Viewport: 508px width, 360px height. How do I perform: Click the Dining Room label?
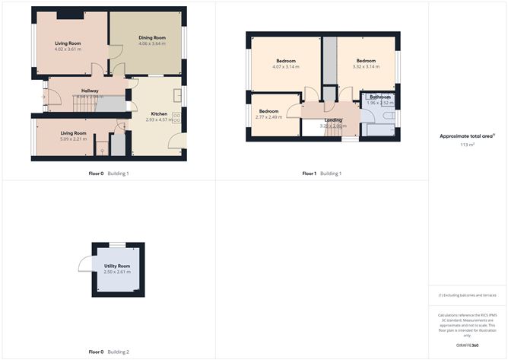click(152, 37)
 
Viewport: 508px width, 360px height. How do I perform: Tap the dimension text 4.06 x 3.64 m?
click(152, 43)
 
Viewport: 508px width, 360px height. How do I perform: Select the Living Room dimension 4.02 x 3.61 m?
click(68, 50)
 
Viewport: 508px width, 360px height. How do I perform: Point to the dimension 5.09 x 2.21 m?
click(74, 139)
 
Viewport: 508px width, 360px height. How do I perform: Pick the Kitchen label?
click(159, 113)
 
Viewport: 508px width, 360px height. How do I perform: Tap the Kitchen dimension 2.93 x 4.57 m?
click(159, 119)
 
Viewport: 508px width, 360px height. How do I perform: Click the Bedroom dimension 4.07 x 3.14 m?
click(286, 67)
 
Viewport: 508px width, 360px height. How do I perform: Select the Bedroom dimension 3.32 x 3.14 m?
click(365, 67)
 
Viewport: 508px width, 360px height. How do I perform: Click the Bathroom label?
click(379, 97)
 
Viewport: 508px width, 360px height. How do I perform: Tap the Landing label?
click(333, 119)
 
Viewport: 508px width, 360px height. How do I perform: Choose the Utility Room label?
click(117, 266)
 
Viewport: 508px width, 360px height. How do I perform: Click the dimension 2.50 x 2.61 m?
click(117, 272)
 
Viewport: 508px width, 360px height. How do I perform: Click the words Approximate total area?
click(465, 136)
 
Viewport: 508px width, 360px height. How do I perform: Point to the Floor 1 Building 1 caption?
click(322, 174)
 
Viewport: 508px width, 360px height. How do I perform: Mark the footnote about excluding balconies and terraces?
click(466, 295)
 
